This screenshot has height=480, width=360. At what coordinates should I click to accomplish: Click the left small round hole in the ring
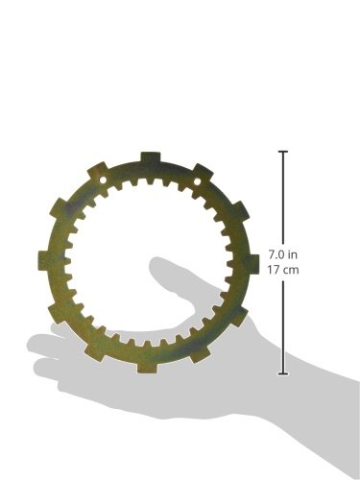click(103, 180)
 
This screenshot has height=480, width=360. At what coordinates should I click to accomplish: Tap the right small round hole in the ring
click(197, 182)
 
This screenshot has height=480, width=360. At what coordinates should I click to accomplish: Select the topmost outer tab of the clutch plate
click(151, 157)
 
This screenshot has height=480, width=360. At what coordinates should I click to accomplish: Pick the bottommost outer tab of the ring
click(147, 367)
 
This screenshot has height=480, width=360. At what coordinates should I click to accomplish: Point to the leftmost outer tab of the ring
click(43, 260)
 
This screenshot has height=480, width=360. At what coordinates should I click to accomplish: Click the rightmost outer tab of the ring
click(252, 264)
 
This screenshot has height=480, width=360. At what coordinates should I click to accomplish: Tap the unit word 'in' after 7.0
click(293, 254)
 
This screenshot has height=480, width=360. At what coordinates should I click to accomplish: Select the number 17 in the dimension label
click(273, 270)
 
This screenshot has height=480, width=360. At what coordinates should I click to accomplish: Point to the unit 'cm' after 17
click(291, 271)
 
